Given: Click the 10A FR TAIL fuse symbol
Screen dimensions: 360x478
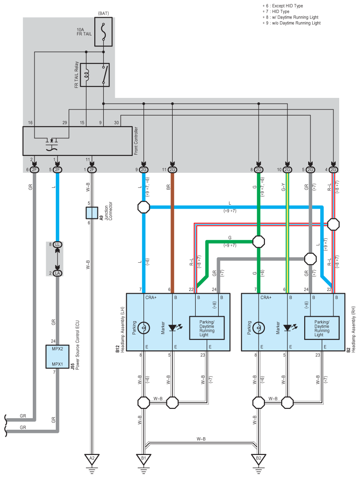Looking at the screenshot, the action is (103, 32).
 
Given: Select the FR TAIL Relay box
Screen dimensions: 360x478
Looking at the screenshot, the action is (95, 75).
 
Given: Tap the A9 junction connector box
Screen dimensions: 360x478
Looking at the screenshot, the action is (92, 213).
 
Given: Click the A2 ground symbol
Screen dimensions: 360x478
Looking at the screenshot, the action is (92, 460).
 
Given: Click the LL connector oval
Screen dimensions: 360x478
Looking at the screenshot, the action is (57, 245).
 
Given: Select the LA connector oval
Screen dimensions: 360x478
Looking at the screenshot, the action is (57, 273).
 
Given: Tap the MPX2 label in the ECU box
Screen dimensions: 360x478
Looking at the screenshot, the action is (57, 349).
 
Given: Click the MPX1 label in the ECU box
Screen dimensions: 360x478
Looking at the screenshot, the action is (57, 364).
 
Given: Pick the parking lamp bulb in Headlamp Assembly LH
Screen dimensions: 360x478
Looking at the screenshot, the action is (143, 328).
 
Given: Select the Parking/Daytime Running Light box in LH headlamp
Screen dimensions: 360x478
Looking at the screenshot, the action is (207, 328).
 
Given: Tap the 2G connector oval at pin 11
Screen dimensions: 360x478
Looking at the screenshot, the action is (172, 170).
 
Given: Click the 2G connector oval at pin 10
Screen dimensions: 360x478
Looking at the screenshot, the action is (287, 170).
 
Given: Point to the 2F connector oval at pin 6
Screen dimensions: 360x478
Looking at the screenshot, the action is (34, 170).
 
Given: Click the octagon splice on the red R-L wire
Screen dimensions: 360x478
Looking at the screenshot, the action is (333, 224).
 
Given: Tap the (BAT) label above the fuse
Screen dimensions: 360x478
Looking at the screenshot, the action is (103, 13).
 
